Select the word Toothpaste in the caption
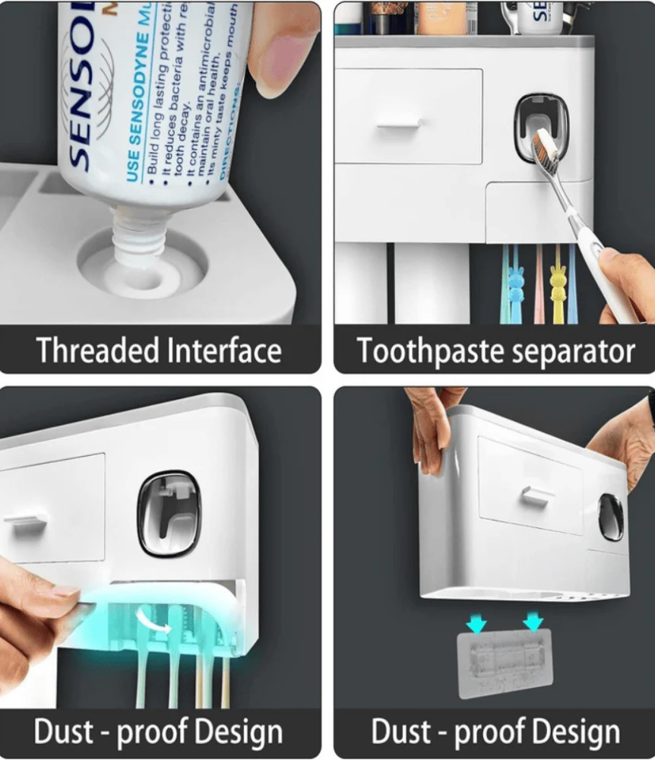pyautogui.click(x=425, y=351)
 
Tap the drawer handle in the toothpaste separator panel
pyautogui.click(x=399, y=122)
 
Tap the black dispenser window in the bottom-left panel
pyautogui.click(x=169, y=511)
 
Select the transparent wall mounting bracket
pyautogui.click(x=505, y=663)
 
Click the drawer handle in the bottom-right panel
pyautogui.click(x=536, y=497)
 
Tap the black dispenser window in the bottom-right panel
pyautogui.click(x=611, y=517)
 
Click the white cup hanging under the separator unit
pyautogui.click(x=360, y=283)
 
